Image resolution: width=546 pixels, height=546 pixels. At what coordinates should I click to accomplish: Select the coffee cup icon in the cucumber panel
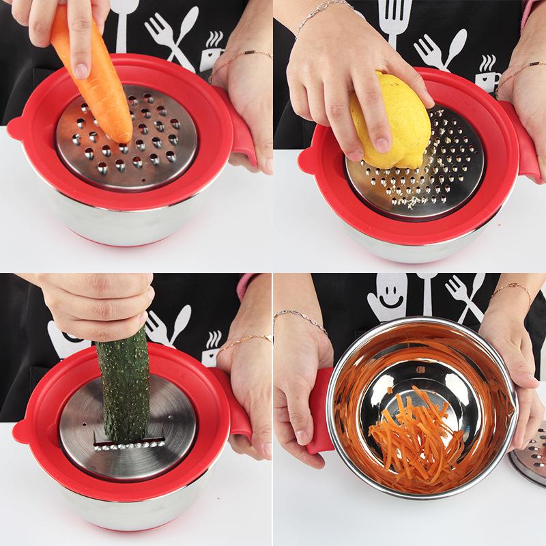pos(213,341)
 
